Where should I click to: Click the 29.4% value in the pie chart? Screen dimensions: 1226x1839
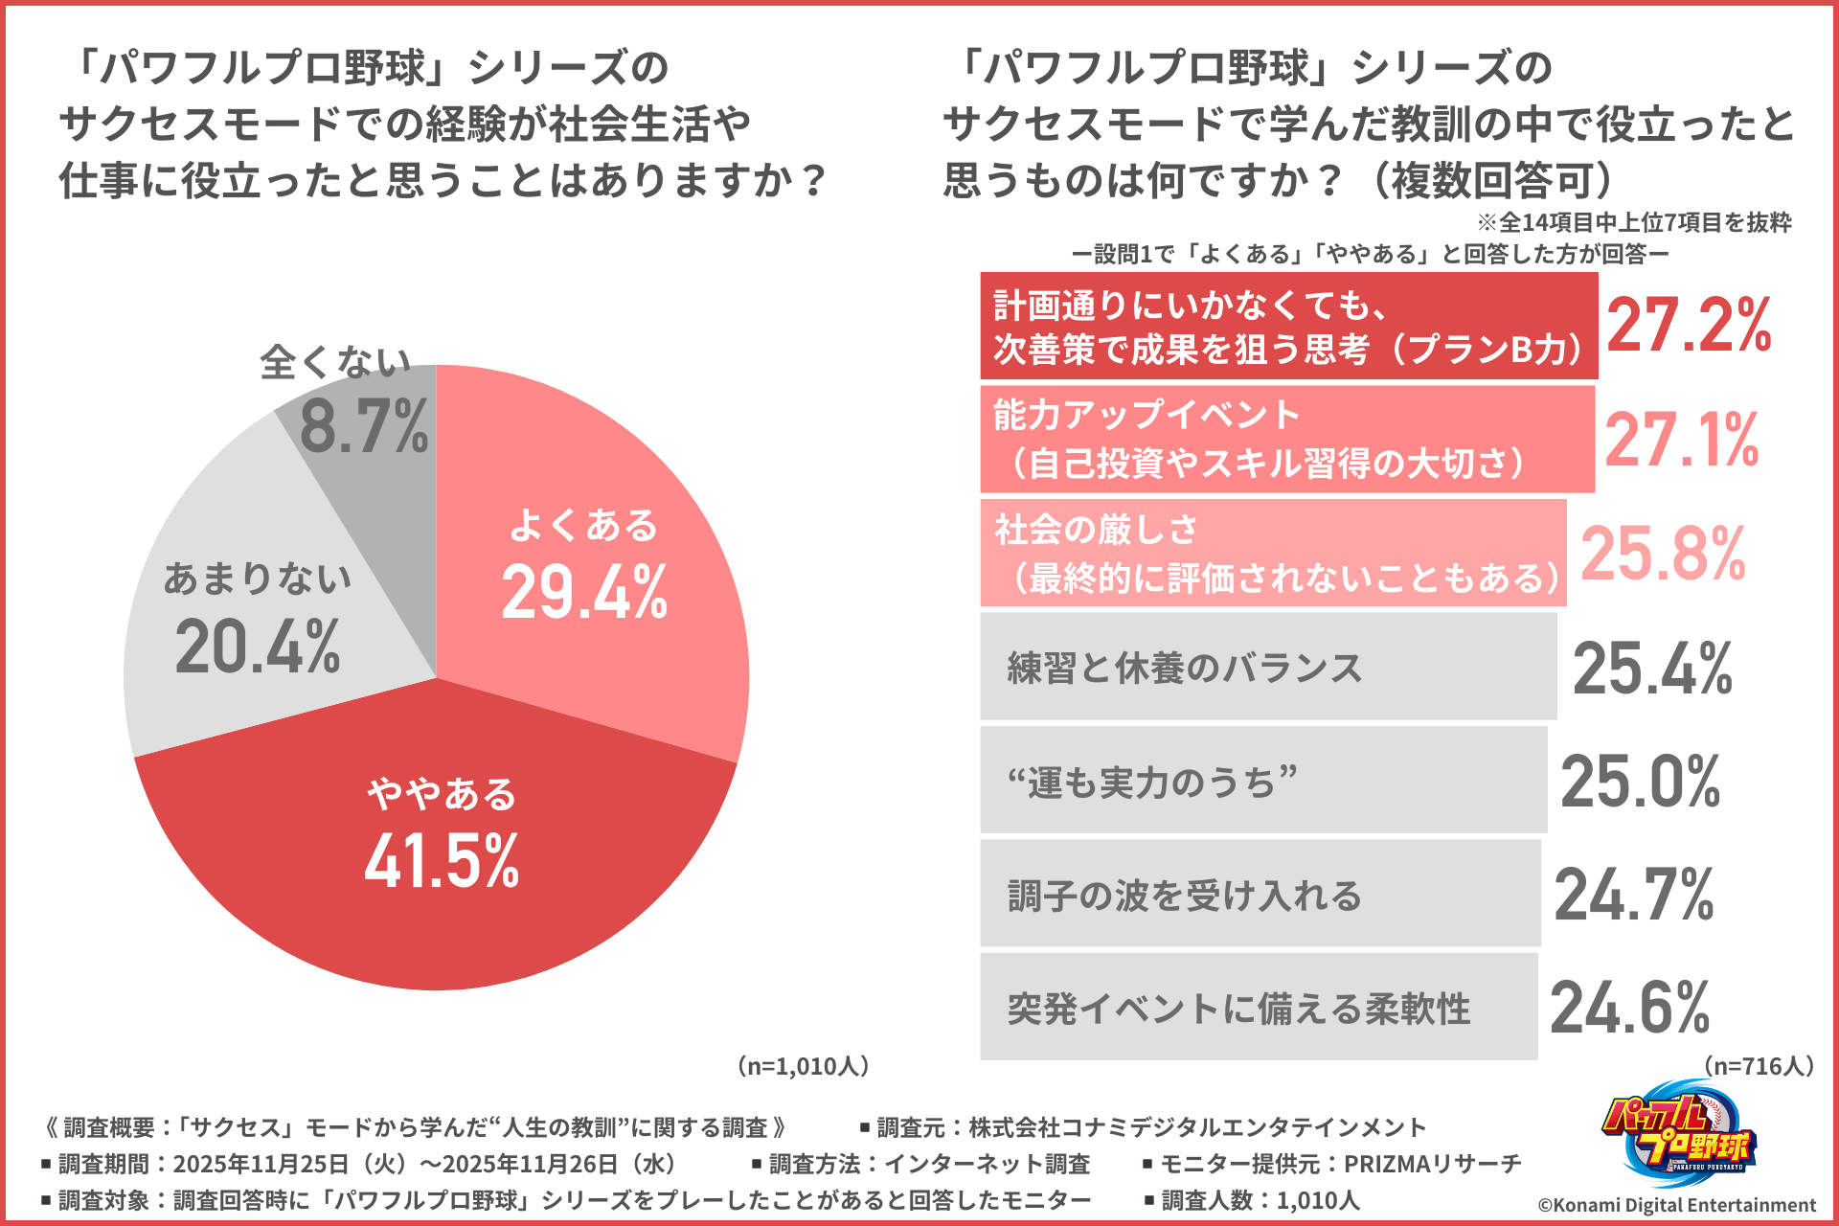[584, 593]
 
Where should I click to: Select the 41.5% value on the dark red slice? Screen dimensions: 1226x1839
[442, 860]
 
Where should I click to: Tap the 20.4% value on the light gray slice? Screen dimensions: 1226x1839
[258, 647]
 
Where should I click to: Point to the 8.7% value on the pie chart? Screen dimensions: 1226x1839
[364, 427]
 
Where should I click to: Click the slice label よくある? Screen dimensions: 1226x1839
[583, 525]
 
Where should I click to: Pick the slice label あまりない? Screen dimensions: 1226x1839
[258, 578]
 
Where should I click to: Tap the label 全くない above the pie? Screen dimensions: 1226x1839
[335, 362]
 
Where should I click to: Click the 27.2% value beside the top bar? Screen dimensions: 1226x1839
[1689, 326]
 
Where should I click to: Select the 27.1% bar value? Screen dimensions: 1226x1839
[1682, 440]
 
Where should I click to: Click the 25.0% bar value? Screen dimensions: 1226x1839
[1641, 782]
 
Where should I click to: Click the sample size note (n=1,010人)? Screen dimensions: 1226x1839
[803, 1066]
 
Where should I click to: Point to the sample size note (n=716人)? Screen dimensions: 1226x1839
[1759, 1066]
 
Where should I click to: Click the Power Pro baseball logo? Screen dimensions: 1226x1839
[1678, 1136]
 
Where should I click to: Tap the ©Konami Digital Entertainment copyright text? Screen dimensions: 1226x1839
[1677, 1205]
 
